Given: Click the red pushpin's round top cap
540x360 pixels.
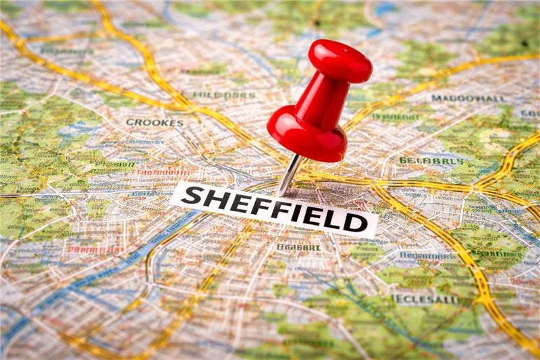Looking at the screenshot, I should coord(340,60).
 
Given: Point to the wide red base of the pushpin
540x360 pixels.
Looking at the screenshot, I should coord(307,135).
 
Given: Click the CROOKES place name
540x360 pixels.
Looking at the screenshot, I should coord(155,123).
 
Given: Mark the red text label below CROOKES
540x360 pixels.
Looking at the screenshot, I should coord(162,173).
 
